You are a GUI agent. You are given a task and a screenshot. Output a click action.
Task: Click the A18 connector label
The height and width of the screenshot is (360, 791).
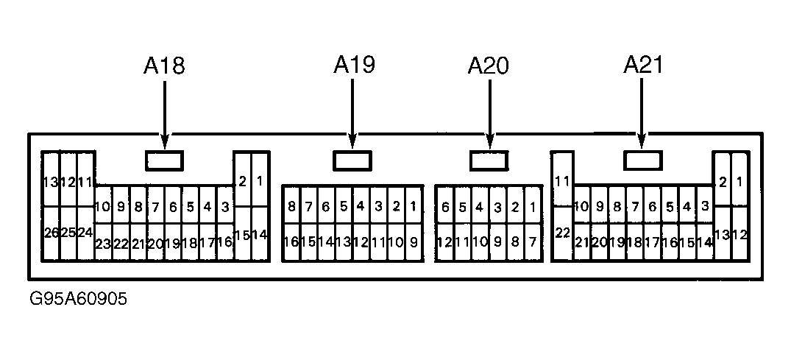tap(165, 66)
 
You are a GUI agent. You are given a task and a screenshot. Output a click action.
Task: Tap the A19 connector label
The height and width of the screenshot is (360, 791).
tap(354, 65)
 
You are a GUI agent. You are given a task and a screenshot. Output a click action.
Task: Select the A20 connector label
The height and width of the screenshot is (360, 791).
tap(489, 66)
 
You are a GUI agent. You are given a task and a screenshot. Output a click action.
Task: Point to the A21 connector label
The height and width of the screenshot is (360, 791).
tap(644, 65)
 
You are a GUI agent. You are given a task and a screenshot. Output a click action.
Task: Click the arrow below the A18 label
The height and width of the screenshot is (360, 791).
tap(165, 115)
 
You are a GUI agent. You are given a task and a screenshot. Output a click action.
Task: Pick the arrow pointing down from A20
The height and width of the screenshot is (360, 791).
tap(489, 114)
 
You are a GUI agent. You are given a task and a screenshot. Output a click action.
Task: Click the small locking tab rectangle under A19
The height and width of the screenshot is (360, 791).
tap(352, 160)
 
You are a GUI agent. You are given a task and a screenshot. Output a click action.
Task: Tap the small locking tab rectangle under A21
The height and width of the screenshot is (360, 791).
tap(642, 160)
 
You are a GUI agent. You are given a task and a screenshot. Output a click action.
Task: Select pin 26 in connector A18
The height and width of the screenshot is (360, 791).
tap(51, 233)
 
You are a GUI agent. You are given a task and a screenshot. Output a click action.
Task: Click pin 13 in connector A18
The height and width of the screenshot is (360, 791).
tap(51, 180)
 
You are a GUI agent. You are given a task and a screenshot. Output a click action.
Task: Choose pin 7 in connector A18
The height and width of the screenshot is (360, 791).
tap(155, 207)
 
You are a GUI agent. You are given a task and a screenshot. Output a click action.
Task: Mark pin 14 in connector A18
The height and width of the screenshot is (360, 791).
tap(259, 234)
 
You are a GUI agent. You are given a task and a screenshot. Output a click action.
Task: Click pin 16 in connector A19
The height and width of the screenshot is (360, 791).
tap(291, 242)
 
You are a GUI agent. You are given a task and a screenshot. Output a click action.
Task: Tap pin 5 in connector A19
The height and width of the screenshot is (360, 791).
tap(344, 206)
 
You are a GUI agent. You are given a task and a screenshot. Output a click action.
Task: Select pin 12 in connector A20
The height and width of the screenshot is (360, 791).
tap(445, 242)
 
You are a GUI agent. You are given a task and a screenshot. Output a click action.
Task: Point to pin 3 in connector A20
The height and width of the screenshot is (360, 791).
tap(497, 207)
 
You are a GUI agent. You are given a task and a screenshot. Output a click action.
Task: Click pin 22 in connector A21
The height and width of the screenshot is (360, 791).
tap(562, 233)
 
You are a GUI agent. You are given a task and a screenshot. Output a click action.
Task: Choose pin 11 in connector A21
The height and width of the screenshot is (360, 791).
tap(562, 179)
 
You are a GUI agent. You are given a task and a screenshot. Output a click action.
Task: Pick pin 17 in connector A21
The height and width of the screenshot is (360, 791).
tap(652, 242)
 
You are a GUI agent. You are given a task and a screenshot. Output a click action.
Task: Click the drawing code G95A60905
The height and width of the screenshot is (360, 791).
tap(78, 300)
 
